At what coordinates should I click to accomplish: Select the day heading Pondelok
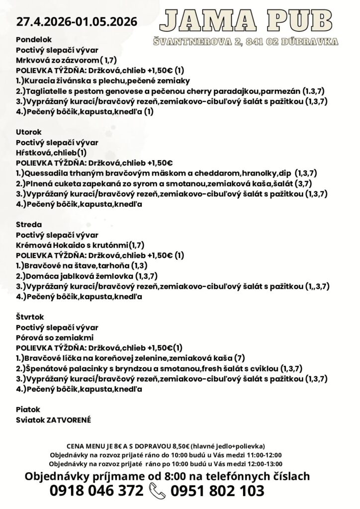(x=31, y=40)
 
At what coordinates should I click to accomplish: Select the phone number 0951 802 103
(x=217, y=491)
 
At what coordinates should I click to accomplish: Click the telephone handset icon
(x=158, y=491)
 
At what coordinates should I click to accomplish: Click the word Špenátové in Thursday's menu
(x=46, y=368)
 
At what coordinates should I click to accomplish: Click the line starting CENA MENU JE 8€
(x=166, y=446)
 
